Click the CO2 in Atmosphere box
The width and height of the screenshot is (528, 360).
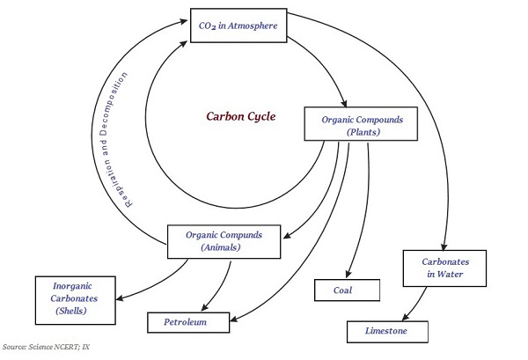238,26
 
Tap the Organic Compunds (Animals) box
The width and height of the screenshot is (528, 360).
227,241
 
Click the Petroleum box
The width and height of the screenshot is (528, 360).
187,323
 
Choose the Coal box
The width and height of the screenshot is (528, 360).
347,290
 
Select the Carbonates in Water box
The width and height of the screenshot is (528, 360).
444,268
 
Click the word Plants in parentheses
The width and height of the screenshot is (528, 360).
363,131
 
